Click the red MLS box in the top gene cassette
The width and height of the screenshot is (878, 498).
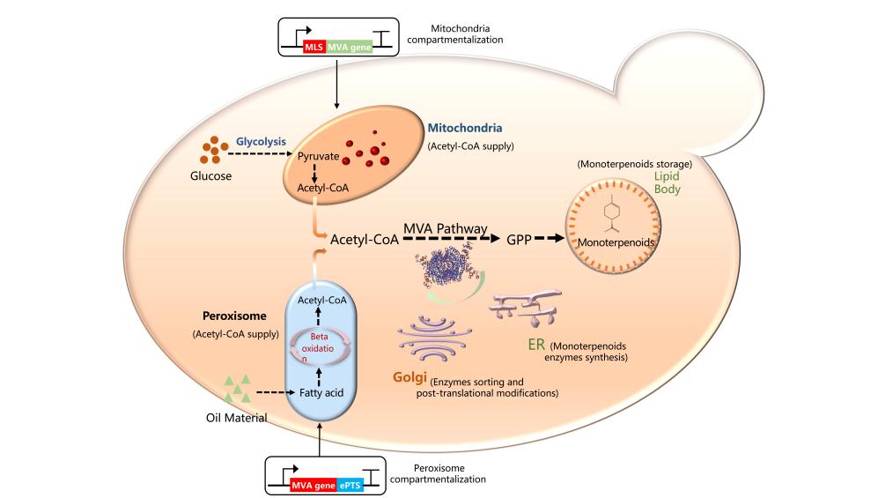pyautogui.click(x=314, y=46)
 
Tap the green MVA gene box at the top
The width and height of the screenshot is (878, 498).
pyautogui.click(x=349, y=46)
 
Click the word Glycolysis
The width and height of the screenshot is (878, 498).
pyautogui.click(x=261, y=140)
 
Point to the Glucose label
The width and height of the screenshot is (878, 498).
pyautogui.click(x=210, y=176)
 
